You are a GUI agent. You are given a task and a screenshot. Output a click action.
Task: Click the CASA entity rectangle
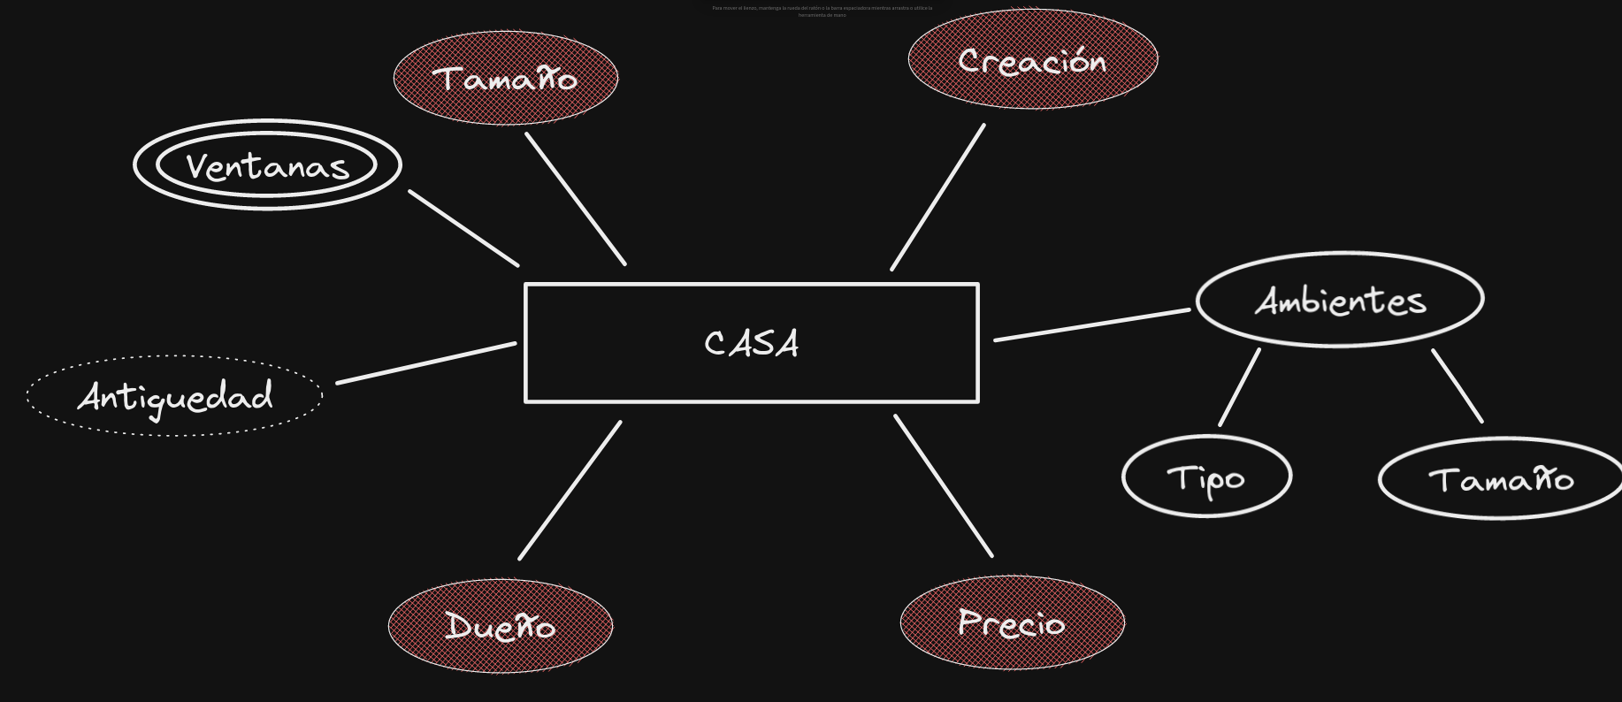[x=752, y=343]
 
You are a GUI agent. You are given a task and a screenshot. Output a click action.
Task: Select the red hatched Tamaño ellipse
[x=506, y=79]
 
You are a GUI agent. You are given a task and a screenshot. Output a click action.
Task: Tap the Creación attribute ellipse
[x=1033, y=60]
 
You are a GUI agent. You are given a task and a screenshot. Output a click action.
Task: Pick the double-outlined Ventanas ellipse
[x=267, y=165]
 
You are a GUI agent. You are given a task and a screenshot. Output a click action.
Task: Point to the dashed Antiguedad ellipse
[x=175, y=396]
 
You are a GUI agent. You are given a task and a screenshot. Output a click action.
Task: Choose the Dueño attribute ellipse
[x=501, y=626]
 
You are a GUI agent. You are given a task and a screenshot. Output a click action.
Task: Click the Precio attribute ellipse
[x=1013, y=622]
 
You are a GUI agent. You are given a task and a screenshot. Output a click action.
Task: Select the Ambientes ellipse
[x=1340, y=300]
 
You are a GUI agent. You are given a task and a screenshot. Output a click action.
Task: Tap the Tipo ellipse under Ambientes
[x=1206, y=477]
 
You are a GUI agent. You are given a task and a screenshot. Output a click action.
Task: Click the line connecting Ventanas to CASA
[x=463, y=227]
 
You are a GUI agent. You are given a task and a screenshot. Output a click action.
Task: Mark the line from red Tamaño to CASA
[x=576, y=199]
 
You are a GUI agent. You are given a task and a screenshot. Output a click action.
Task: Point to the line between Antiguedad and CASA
[x=426, y=363]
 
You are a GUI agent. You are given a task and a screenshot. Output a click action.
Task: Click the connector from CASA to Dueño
[x=570, y=490]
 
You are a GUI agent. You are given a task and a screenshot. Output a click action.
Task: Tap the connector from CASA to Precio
[x=944, y=486]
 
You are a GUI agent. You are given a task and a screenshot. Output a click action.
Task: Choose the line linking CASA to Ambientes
[x=1092, y=324]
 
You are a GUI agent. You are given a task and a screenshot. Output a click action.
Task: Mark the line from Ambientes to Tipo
[x=1239, y=387]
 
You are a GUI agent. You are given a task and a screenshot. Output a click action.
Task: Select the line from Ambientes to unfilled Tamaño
[x=1458, y=386]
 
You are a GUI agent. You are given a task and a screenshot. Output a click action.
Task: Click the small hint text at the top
[x=822, y=11]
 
